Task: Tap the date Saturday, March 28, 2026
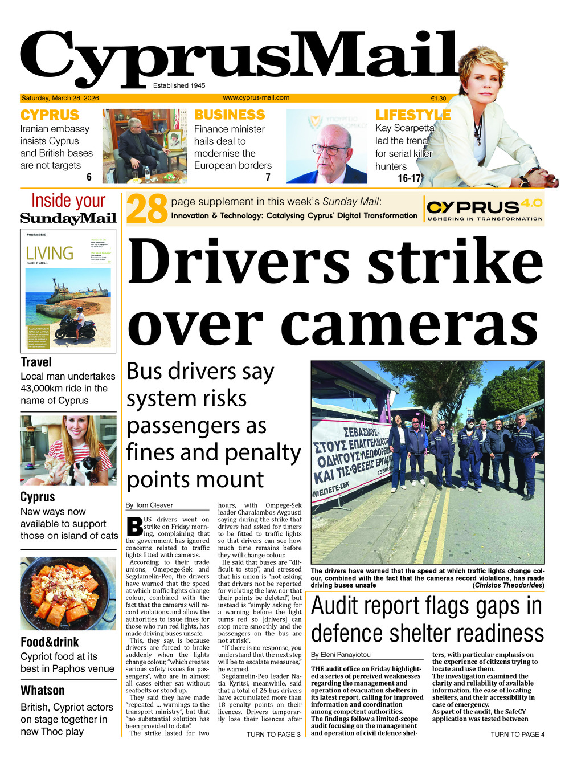point(60,98)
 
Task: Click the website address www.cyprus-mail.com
point(256,97)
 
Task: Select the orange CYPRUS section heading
point(50,115)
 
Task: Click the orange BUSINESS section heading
point(230,115)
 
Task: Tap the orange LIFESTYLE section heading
point(413,115)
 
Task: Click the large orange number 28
point(147,209)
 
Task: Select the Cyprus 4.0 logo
point(484,209)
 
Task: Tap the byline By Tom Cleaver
point(149,505)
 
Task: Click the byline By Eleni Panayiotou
point(341,655)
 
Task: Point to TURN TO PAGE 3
point(273,735)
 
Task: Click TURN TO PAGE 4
point(517,735)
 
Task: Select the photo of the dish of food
point(68,593)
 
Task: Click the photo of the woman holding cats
point(68,450)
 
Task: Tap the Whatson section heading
point(43,690)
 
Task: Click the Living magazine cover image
point(68,291)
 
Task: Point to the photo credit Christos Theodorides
point(508,585)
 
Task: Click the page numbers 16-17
point(409,178)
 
